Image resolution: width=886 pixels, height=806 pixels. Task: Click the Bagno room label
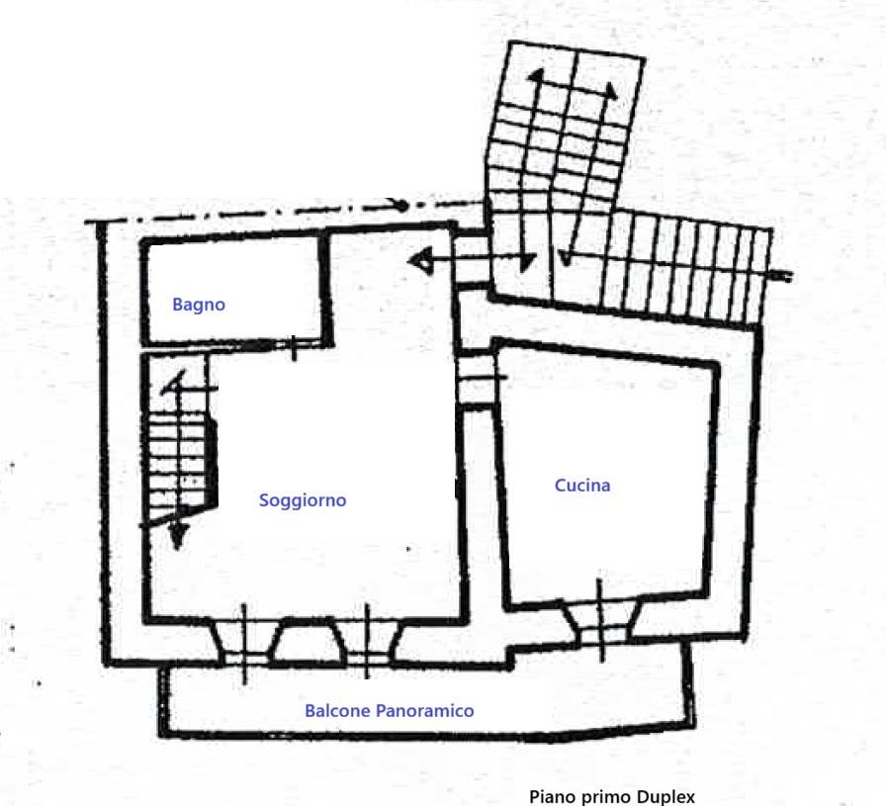coord(199,305)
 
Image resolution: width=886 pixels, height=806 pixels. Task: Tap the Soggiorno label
coord(303,500)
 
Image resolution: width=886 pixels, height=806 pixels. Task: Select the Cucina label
coord(582,485)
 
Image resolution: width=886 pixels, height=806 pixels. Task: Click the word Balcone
coord(338,710)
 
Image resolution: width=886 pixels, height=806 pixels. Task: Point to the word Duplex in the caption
coord(665,797)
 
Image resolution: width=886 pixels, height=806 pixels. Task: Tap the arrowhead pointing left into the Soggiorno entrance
coord(420,261)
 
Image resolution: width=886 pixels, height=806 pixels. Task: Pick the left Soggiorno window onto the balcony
coord(244,643)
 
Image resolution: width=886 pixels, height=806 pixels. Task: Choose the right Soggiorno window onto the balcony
coord(367,642)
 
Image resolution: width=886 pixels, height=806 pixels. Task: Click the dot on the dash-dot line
coord(401,206)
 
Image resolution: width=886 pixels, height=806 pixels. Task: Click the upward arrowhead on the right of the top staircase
coord(611,90)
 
